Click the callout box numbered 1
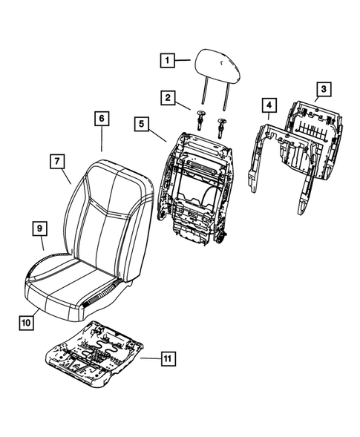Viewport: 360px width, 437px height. [168, 59]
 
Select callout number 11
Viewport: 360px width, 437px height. [169, 360]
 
